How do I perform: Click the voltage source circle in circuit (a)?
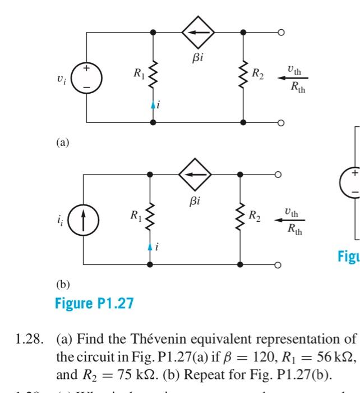point(86,78)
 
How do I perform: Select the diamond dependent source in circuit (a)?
point(197,33)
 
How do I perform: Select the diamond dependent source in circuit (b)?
point(195,175)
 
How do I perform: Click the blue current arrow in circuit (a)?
point(153,104)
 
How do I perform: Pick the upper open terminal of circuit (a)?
point(281,33)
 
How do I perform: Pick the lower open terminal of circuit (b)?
point(278,264)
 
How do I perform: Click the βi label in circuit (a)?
point(198,57)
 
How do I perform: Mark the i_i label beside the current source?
point(59,220)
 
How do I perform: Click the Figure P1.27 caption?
point(94,304)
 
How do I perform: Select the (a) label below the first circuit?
point(62,143)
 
